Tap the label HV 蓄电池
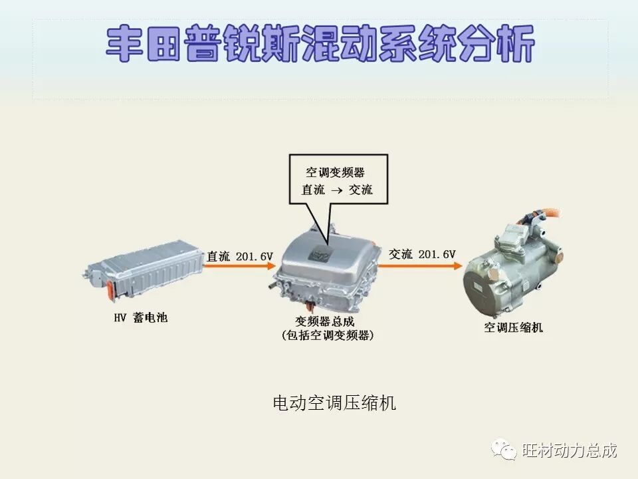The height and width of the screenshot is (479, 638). (140, 318)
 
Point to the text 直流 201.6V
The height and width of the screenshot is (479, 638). (240, 256)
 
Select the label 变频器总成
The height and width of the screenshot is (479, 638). (325, 321)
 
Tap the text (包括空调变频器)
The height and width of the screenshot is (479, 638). (327, 336)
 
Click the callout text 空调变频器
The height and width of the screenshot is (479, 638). (335, 172)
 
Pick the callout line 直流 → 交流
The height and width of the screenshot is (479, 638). (337, 190)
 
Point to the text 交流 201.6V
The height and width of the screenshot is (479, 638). (422, 254)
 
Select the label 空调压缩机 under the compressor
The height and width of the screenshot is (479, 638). (513, 327)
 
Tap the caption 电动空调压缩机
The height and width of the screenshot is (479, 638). (334, 402)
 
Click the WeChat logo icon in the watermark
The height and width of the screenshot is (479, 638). (504, 450)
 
